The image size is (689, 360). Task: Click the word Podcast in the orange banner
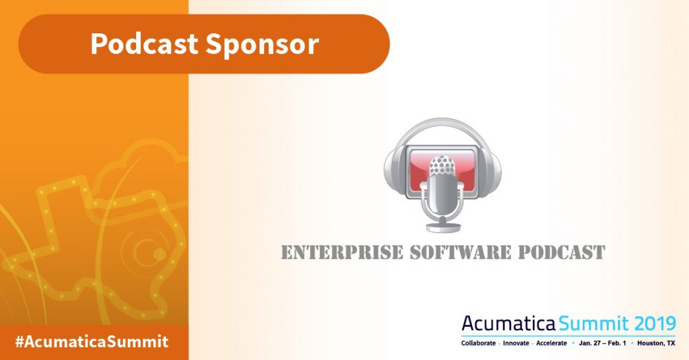[x=144, y=43]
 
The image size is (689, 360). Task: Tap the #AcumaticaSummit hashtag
[x=92, y=342]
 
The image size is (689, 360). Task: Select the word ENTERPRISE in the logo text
[x=342, y=252]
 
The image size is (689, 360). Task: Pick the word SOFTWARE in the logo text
[x=461, y=252]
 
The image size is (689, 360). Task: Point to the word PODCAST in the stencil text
[x=562, y=252]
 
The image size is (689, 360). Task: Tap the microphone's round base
[x=443, y=227]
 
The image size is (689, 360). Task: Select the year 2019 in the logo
[x=654, y=323]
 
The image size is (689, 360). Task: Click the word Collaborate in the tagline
[x=479, y=343]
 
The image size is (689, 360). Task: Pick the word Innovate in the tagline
[x=516, y=343]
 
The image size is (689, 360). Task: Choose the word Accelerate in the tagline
[x=552, y=343]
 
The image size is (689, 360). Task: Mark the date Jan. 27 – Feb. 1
[x=603, y=343]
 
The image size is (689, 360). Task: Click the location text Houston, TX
[x=656, y=343]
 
